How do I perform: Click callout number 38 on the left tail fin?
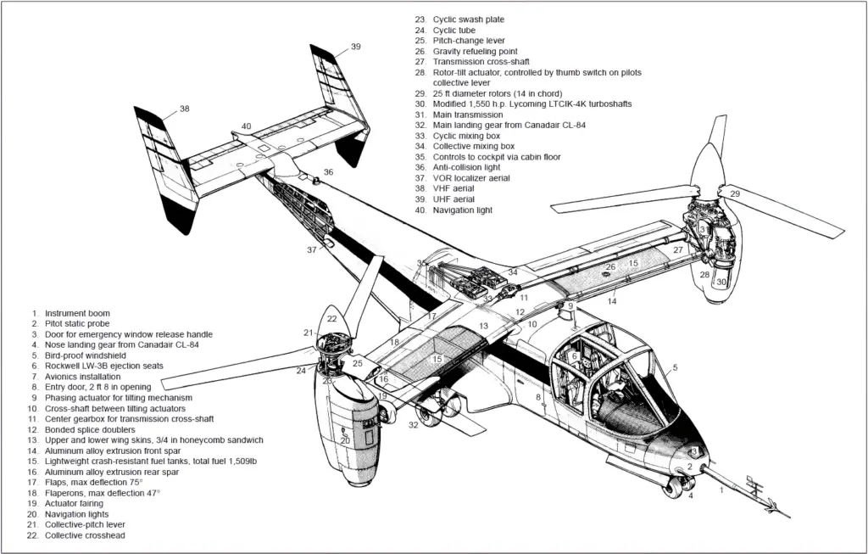[184, 109]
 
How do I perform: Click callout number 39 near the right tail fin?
[355, 47]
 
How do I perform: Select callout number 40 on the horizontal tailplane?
[246, 126]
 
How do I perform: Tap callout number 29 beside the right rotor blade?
[735, 194]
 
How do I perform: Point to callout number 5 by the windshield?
[675, 367]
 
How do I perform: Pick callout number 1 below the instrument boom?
[721, 490]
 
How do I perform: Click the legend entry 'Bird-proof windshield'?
[86, 355]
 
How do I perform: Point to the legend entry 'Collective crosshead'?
[85, 535]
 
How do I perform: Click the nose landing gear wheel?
[675, 490]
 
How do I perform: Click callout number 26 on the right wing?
[609, 267]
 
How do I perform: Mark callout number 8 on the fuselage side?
[537, 396]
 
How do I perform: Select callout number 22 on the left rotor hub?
[331, 319]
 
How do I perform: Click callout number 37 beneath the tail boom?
[312, 249]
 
